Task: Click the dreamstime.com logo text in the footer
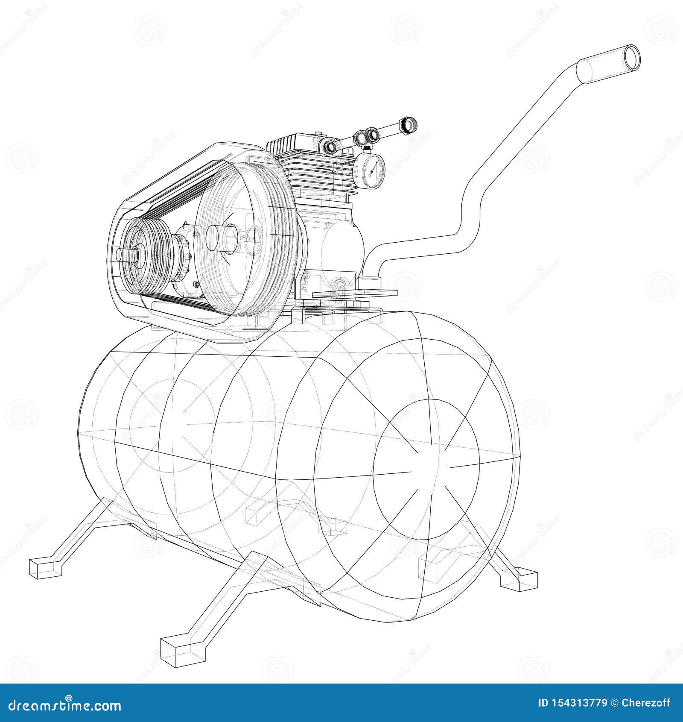[64, 705]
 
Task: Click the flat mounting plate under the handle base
[354, 294]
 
